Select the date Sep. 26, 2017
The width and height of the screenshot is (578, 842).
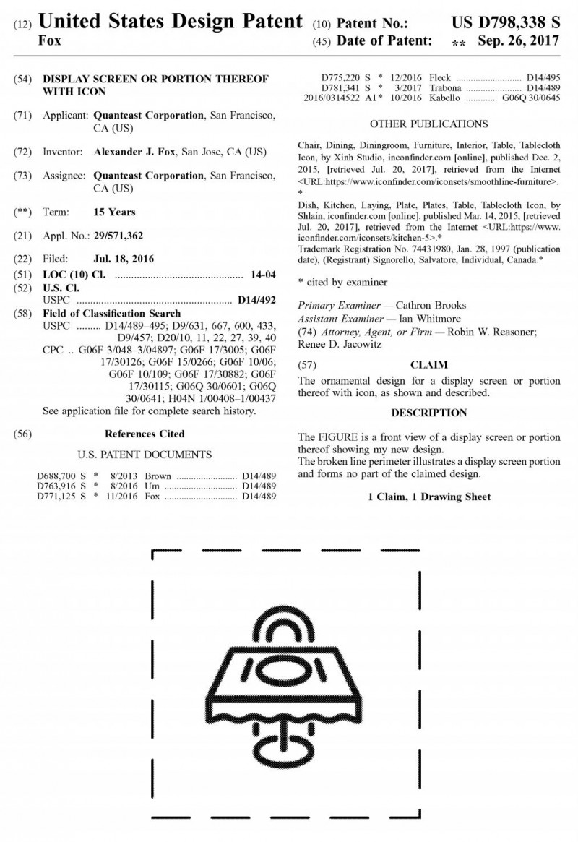[x=519, y=40]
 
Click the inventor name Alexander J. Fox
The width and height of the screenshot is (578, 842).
[x=135, y=152]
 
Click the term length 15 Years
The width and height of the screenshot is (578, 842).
[x=114, y=212]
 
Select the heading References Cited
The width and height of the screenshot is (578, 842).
[x=144, y=434]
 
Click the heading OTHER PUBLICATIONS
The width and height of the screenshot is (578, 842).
[x=428, y=124]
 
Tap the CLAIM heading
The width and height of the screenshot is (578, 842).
[x=428, y=364]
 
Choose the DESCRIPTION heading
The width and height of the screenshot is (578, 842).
[x=428, y=413]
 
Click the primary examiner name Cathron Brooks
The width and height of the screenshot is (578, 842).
[x=432, y=305]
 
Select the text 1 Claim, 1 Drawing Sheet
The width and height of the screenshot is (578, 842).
[x=428, y=497]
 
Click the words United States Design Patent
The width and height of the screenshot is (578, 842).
[x=170, y=22]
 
